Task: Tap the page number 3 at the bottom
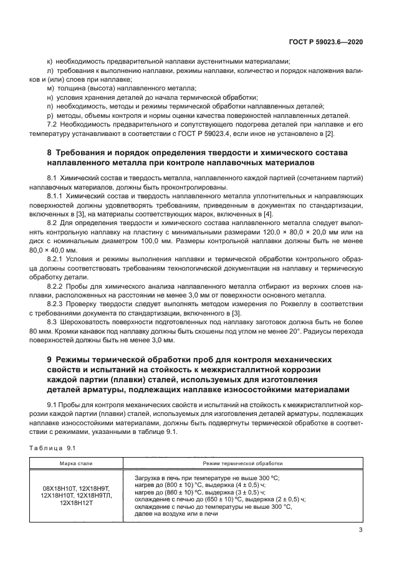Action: click(361, 530)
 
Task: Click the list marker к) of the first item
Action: click(50, 62)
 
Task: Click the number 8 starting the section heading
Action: click(50, 153)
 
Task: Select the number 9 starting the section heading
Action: click(50, 360)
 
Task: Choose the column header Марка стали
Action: click(76, 463)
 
